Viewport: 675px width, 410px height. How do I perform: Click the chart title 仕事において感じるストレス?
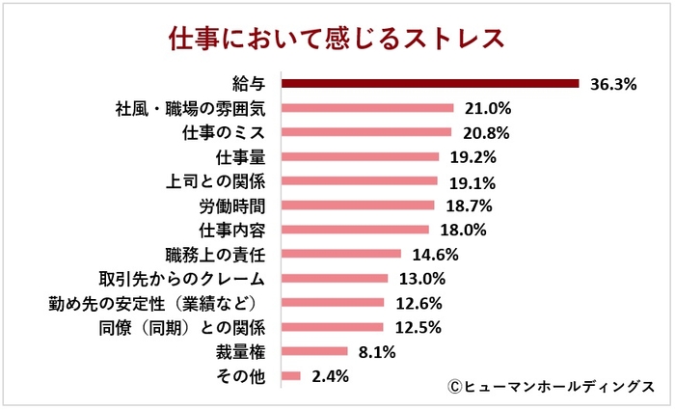click(x=337, y=38)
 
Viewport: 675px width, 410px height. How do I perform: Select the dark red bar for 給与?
click(x=429, y=84)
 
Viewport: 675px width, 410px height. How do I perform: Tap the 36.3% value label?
click(x=613, y=84)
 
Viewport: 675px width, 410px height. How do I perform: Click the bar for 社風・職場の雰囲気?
click(x=366, y=108)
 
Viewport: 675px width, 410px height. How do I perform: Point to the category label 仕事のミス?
click(x=224, y=132)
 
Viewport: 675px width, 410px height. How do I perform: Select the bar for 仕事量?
click(x=360, y=156)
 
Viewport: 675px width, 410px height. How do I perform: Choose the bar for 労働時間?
click(x=358, y=205)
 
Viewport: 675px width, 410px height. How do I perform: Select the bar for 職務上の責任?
click(x=340, y=254)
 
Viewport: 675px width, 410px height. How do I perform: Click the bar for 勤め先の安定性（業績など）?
click(x=332, y=303)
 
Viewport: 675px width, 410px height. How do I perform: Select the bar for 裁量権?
click(x=313, y=351)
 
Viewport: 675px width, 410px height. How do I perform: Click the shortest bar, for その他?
click(x=290, y=376)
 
